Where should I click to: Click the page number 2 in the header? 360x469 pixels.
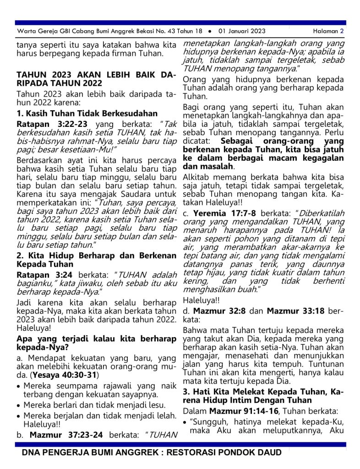(x=342, y=32)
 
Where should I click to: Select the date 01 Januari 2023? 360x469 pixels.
(x=242, y=32)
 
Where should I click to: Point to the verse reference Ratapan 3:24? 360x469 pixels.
(x=45, y=275)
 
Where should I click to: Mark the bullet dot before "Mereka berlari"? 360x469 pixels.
(x=18, y=406)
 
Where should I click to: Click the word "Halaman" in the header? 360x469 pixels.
(x=325, y=32)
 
